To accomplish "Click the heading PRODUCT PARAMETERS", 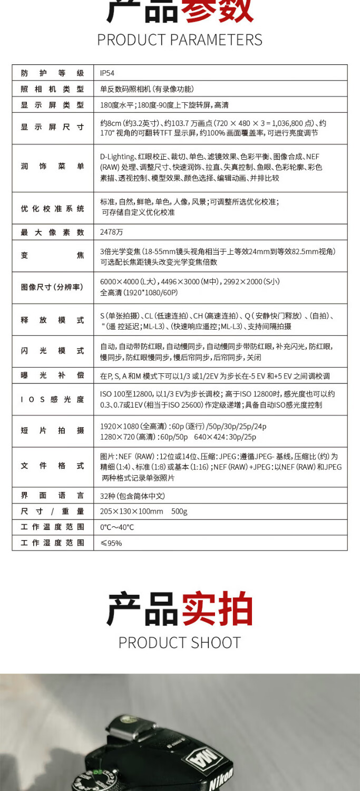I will pyautogui.click(x=180, y=40).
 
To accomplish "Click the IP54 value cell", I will pyautogui.click(x=107, y=73).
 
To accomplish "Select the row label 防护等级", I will pyautogui.click(x=52, y=73).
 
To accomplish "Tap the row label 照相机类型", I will pyautogui.click(x=52, y=89).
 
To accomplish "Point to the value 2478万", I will pyautogui.click(x=111, y=232).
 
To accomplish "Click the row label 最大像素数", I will pyautogui.click(x=52, y=232).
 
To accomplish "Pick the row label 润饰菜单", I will pyautogui.click(x=52, y=167).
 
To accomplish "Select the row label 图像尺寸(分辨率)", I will pyautogui.click(x=52, y=287).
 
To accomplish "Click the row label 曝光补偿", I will pyautogui.click(x=52, y=375).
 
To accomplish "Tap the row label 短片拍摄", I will pyautogui.click(x=52, y=431).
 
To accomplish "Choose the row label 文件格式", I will pyautogui.click(x=52, y=466).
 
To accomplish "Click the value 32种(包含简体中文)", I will pyautogui.click(x=132, y=496).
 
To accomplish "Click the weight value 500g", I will pyautogui.click(x=179, y=512).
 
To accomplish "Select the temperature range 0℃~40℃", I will pyautogui.click(x=117, y=527).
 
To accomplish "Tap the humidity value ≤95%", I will pyautogui.click(x=111, y=543).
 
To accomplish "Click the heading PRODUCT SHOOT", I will pyautogui.click(x=180, y=642).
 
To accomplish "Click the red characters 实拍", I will pyautogui.click(x=217, y=609).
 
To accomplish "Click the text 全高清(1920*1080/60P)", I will pyautogui.click(x=139, y=293).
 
